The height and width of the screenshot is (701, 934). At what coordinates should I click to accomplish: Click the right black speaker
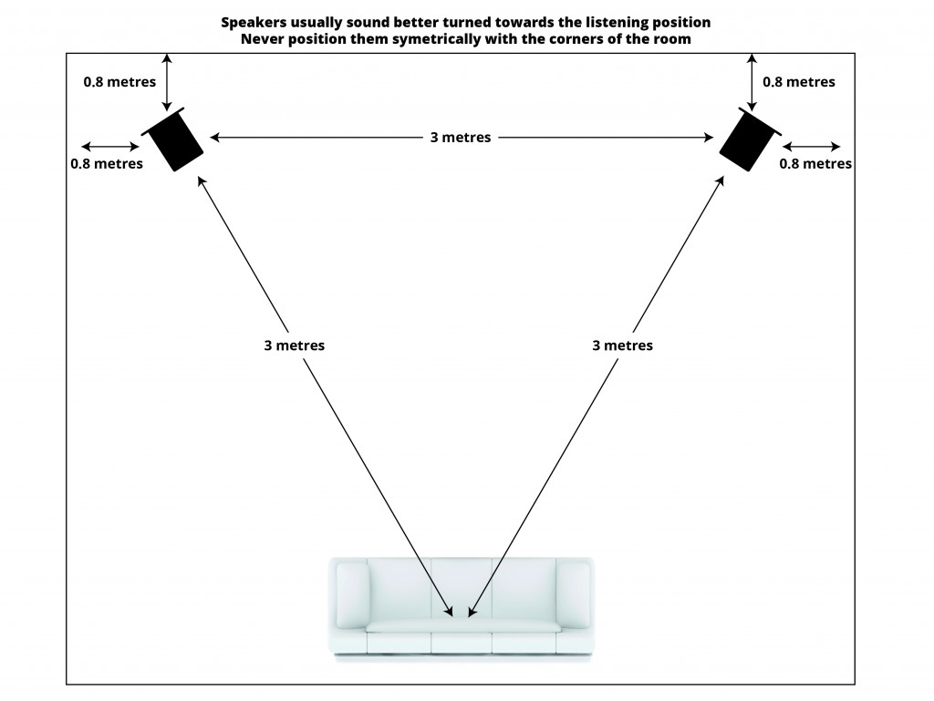pyautogui.click(x=751, y=139)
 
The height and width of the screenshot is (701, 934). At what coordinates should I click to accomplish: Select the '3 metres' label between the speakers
pyautogui.click(x=461, y=138)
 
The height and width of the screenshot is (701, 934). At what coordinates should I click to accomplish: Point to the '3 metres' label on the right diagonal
pyautogui.click(x=622, y=345)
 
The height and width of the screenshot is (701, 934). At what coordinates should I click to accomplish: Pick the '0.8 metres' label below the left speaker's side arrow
pyautogui.click(x=107, y=164)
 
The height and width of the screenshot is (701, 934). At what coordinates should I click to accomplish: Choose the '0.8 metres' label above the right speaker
pyautogui.click(x=799, y=81)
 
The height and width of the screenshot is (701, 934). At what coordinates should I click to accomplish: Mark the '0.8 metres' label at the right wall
pyautogui.click(x=816, y=164)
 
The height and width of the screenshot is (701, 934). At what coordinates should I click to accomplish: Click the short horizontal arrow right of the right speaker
pyautogui.click(x=812, y=146)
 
